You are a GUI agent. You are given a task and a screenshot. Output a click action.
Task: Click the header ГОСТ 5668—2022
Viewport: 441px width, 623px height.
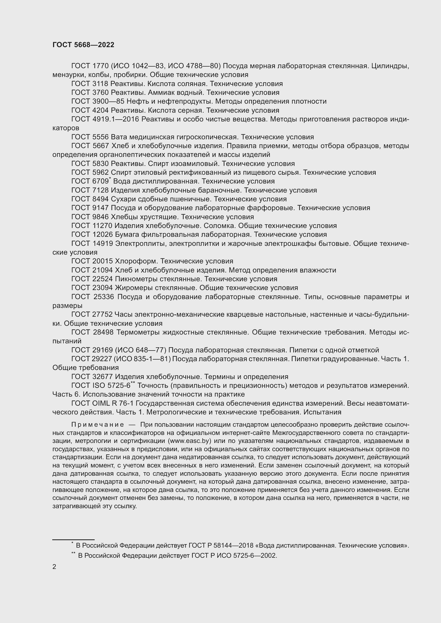pos(83,45)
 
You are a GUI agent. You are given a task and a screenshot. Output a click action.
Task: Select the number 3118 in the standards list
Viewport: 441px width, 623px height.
pos(100,84)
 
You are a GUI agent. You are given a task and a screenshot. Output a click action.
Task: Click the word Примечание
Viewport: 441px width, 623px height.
pos(98,425)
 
